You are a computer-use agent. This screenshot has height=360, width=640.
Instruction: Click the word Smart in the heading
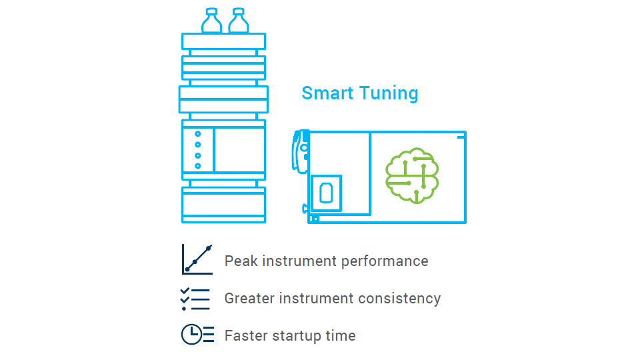(325, 93)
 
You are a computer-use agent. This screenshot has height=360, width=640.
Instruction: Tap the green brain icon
(413, 175)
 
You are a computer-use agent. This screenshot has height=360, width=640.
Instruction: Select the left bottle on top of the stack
(212, 21)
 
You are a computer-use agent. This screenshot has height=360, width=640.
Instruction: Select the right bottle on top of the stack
(239, 21)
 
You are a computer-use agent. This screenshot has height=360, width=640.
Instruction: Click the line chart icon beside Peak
(197, 259)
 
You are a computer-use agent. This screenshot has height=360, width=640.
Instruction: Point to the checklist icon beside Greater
(195, 299)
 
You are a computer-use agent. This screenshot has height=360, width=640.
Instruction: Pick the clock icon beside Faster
(197, 335)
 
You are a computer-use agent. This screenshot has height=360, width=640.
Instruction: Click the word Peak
(241, 261)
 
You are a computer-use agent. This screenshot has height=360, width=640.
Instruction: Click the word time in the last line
(341, 335)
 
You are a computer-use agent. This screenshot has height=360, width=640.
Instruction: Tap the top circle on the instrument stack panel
(197, 134)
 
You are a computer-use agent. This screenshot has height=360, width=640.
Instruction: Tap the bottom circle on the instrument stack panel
(197, 165)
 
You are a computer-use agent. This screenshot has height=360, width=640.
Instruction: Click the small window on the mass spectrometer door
(326, 193)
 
